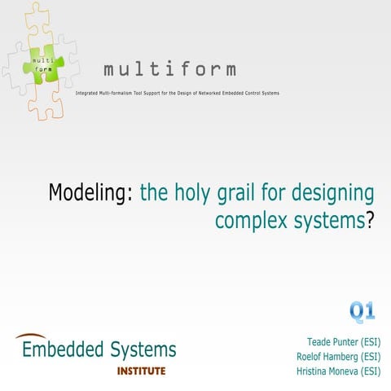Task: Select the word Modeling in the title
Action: click(89, 195)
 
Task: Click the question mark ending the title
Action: click(370, 219)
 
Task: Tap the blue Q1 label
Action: click(362, 310)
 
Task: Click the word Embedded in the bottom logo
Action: click(63, 350)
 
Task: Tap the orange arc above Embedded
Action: click(31, 336)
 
